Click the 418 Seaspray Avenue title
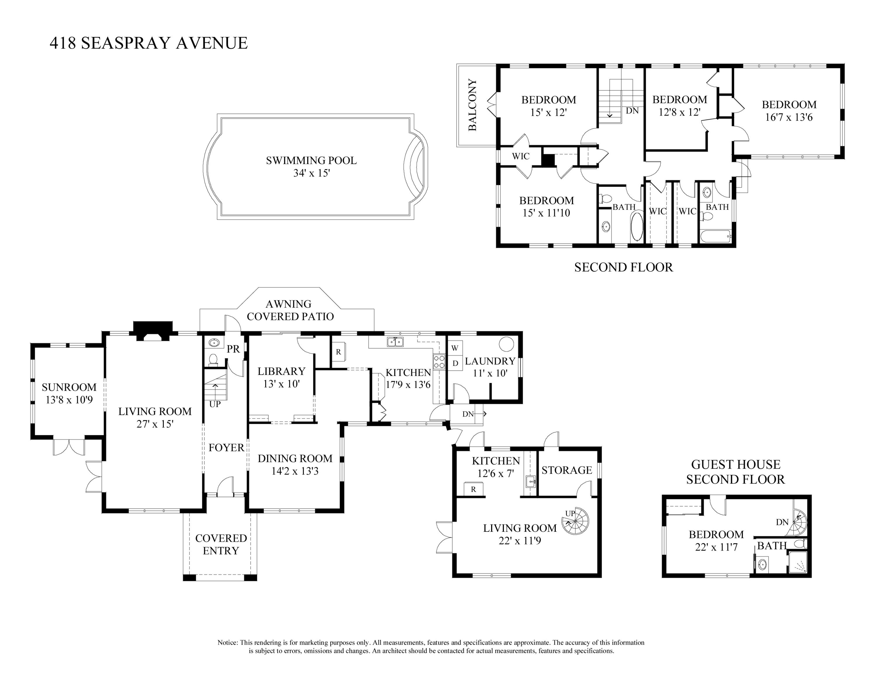point(148,43)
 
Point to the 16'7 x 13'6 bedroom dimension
point(789,118)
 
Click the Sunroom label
point(69,387)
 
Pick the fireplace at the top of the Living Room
point(153,331)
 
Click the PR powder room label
point(233,349)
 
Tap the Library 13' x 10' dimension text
point(282,384)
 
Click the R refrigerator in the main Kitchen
point(339,352)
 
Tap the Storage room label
point(567,470)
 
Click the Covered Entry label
point(221,544)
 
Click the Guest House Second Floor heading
point(735,472)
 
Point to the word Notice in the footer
point(227,643)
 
